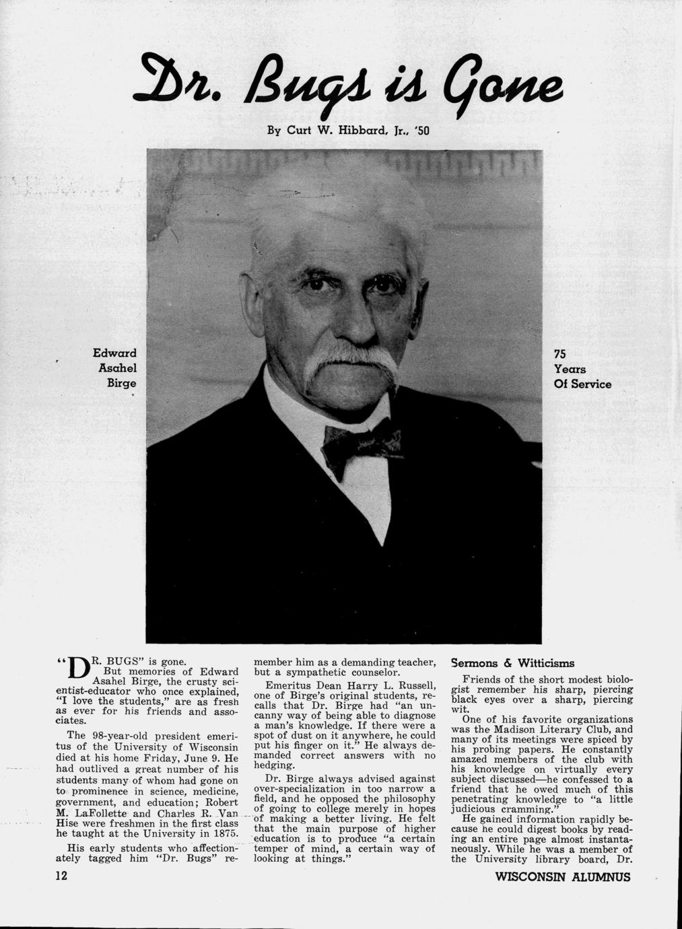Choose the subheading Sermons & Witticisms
pos(513,662)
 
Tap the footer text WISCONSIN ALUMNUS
pos(563,876)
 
